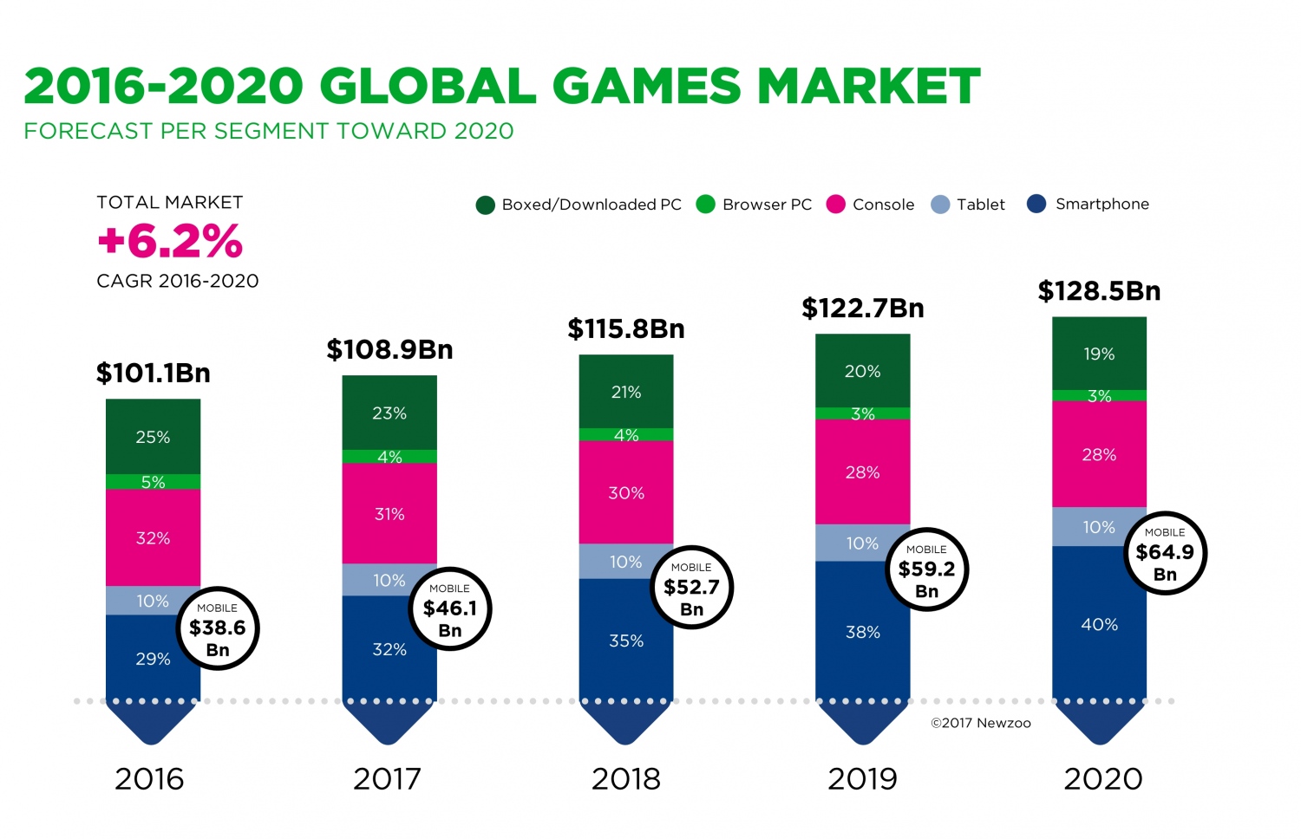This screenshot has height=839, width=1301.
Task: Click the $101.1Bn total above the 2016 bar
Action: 154,374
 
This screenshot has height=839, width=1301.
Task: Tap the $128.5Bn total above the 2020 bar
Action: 1099,291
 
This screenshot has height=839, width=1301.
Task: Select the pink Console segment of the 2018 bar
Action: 626,492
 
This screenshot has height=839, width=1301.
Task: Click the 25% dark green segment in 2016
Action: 153,437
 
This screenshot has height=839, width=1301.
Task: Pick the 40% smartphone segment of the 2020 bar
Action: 1099,624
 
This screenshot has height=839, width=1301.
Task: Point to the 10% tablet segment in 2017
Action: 389,580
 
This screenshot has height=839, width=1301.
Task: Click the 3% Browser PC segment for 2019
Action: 862,413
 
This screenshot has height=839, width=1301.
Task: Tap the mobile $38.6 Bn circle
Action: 218,628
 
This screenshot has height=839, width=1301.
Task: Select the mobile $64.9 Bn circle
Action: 1165,553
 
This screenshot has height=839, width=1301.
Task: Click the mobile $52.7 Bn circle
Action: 691,588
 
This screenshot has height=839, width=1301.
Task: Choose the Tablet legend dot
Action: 940,205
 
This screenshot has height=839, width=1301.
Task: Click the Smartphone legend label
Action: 1102,205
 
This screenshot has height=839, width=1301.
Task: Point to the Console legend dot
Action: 835,205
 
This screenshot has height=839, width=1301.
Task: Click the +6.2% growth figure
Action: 170,242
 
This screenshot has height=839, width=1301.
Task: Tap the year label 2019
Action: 862,778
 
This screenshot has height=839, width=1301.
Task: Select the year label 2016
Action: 149,778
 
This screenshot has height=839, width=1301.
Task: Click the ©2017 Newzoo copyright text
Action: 981,723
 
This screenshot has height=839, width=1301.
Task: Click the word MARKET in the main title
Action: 868,87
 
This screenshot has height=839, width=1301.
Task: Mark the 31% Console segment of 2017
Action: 389,513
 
